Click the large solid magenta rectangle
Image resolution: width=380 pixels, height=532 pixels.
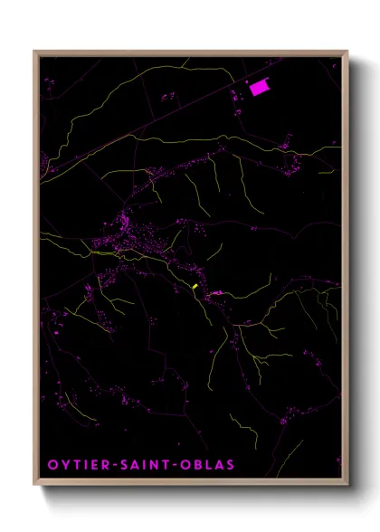pyautogui.click(x=259, y=88)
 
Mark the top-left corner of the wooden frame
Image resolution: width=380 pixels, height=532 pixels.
pyautogui.click(x=34, y=52)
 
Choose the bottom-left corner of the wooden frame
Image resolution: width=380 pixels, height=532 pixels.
pyautogui.click(x=34, y=486)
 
